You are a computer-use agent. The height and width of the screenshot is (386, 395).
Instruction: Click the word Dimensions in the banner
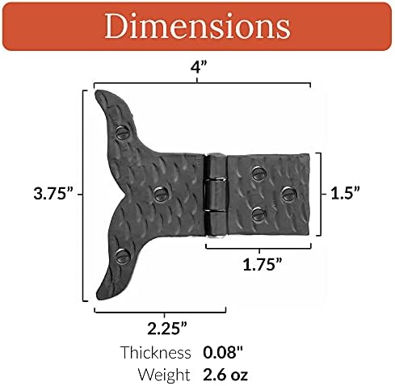point(196,26)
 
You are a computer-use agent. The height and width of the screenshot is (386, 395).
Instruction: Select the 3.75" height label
point(53,193)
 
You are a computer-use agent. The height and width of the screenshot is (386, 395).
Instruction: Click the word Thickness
point(155,352)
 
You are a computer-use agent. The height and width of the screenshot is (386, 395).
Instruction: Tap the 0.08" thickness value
point(221,352)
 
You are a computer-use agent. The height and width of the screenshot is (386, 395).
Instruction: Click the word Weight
point(165,374)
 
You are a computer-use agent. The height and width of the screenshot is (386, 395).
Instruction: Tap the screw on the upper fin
point(124,129)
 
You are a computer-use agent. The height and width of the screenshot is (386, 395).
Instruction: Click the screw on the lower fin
point(123,255)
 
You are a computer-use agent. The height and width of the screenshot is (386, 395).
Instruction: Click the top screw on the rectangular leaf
point(258,172)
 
